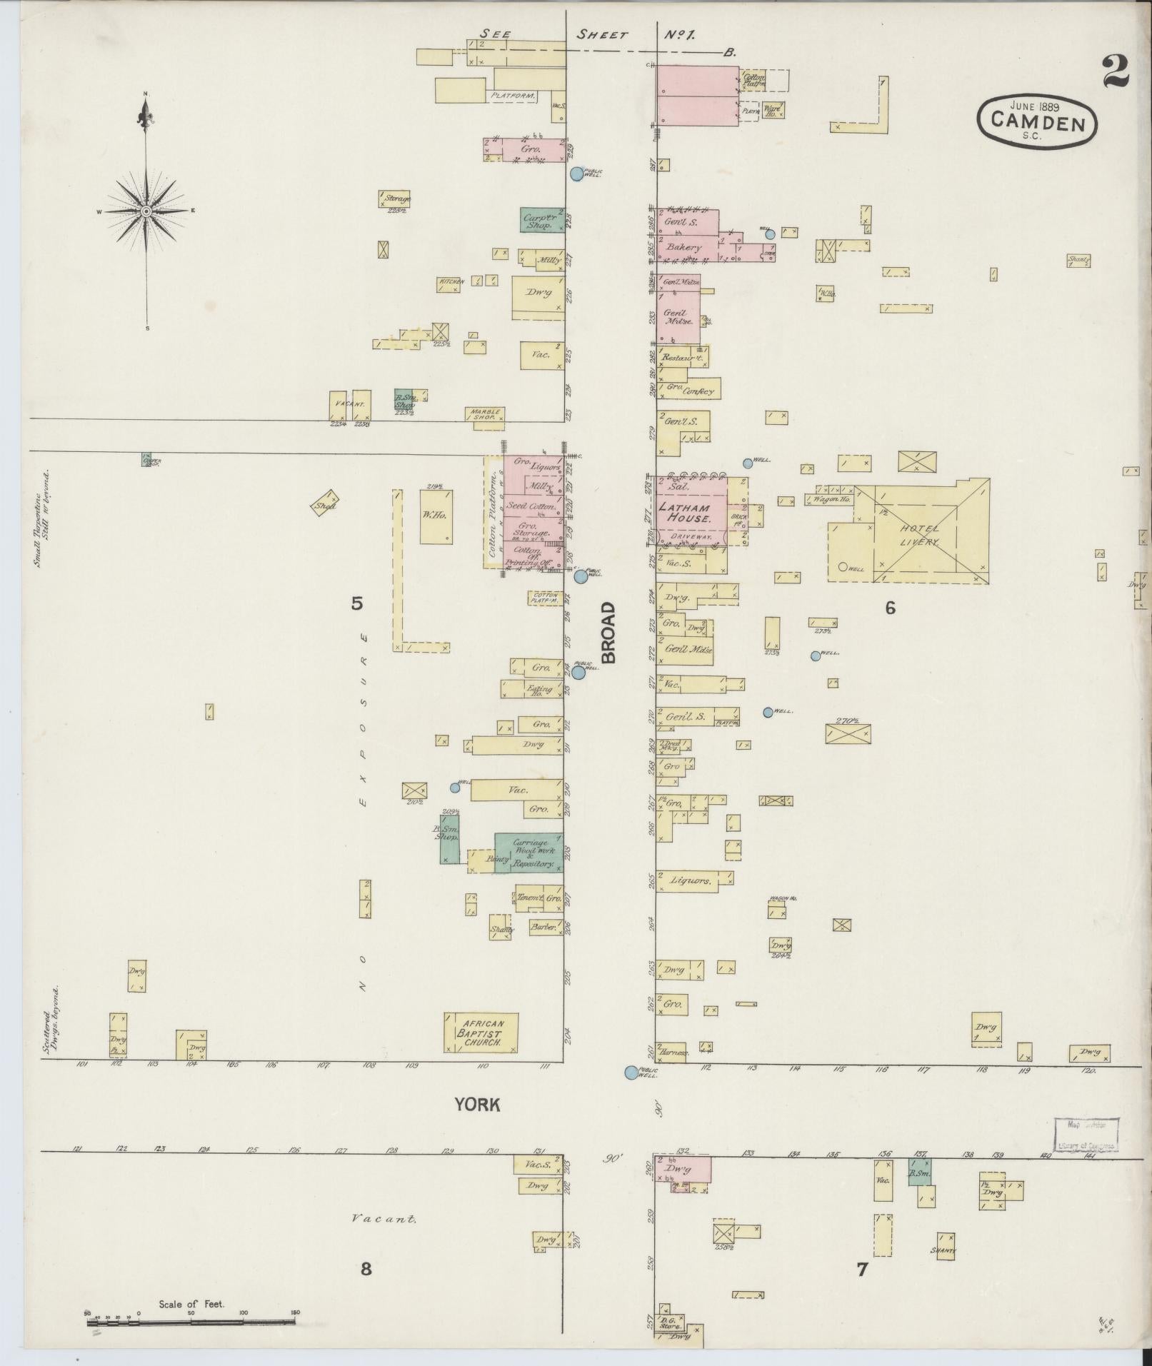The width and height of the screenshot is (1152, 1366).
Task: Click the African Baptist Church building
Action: (x=481, y=1033)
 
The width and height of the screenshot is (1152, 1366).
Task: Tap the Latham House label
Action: (x=683, y=512)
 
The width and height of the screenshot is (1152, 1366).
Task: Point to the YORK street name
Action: (x=478, y=1105)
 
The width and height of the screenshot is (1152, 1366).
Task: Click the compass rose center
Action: (x=146, y=211)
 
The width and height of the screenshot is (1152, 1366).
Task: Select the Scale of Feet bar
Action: (x=191, y=1322)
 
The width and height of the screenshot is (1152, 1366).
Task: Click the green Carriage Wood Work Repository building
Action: (x=529, y=852)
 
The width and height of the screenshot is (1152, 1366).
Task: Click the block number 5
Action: (x=356, y=603)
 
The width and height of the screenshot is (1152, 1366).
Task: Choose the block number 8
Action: (x=366, y=1268)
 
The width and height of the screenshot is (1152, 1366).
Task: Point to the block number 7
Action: (x=862, y=1269)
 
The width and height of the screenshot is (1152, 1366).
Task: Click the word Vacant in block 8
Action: (x=384, y=1219)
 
